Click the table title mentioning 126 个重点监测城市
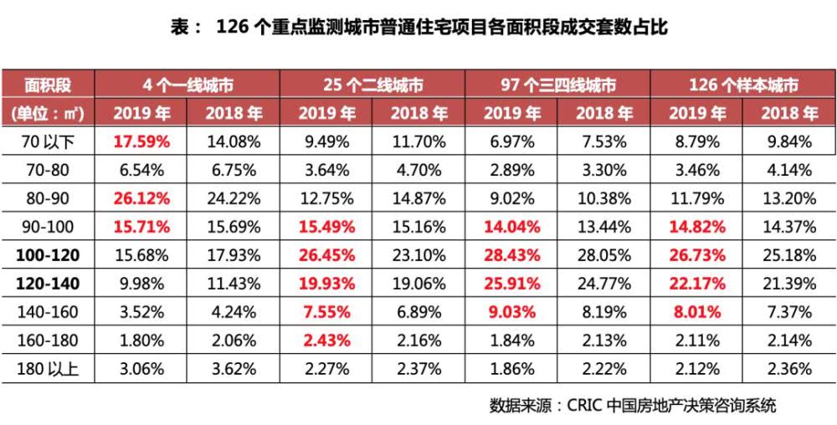click(x=418, y=27)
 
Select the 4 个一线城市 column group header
click(x=187, y=85)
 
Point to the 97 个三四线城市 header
click(x=558, y=85)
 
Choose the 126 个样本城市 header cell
click(x=743, y=85)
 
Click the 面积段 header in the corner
click(x=48, y=85)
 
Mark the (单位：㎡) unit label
click(x=48, y=113)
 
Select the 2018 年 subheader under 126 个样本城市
click(x=789, y=113)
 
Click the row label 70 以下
click(x=48, y=141)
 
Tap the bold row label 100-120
click(x=48, y=255)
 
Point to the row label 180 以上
click(x=48, y=369)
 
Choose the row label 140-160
click(x=48, y=312)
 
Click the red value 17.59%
click(x=141, y=141)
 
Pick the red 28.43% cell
click(x=512, y=255)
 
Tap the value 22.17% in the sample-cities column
click(x=697, y=284)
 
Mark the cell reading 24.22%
click(x=233, y=198)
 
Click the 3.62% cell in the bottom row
click(x=233, y=369)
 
